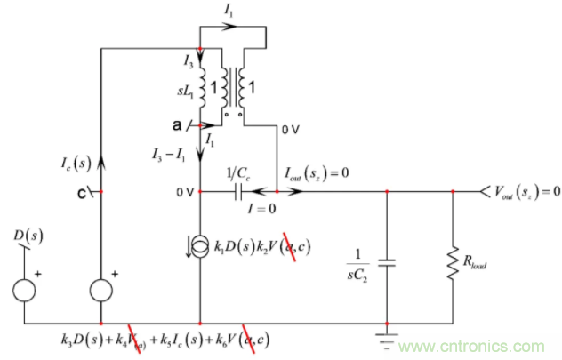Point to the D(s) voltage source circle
click(x=24, y=290)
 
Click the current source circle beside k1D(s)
click(x=199, y=244)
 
